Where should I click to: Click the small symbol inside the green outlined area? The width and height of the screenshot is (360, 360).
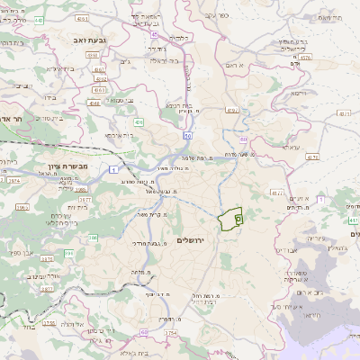tap(238, 216)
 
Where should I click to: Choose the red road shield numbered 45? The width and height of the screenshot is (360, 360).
tap(155, 34)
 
